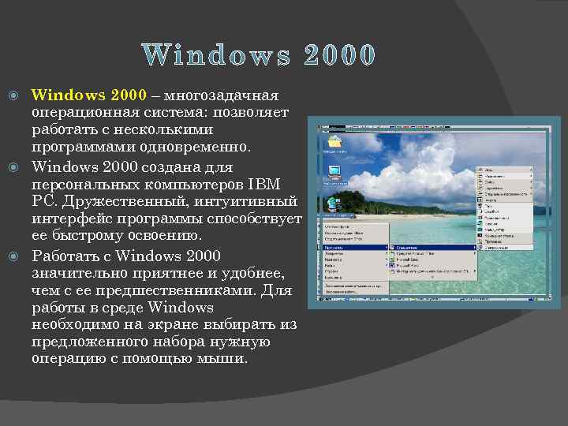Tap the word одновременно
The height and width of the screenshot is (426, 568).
(194, 148)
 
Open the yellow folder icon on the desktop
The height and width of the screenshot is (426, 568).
(334, 142)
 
